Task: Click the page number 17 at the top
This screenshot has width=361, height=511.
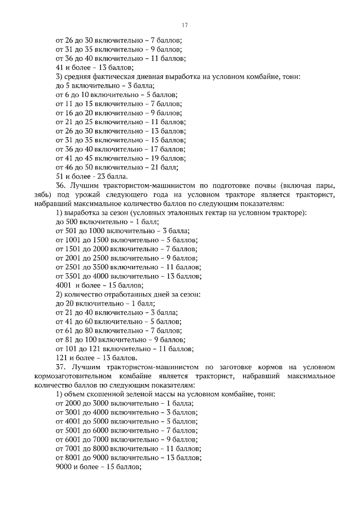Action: [x=184, y=25]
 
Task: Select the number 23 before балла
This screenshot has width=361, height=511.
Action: [x=95, y=176]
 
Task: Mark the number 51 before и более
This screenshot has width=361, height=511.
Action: [x=60, y=176]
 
